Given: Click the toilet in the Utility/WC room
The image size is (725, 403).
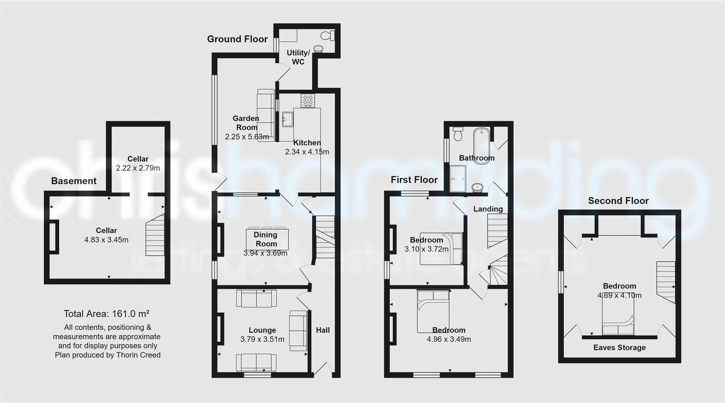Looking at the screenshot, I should point(328,36).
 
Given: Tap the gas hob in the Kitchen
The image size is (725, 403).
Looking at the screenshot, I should point(307,101).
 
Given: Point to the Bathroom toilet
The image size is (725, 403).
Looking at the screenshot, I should point(458,133).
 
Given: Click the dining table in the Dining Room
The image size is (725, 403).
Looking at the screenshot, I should point(267,239).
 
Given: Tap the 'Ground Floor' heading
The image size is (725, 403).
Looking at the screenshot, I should point(237,39).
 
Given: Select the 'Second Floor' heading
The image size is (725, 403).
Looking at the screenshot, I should point(618,201).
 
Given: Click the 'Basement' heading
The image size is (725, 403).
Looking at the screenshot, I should point(74,181).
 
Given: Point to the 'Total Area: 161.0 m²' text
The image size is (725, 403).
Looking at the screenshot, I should point(106,314).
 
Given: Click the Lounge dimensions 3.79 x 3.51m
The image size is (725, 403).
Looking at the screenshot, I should point(262,339).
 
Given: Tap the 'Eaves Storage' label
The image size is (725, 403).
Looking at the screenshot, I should point(619,348).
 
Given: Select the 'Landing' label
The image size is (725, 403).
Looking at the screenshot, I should point(488,209).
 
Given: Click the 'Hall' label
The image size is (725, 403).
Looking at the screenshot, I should point(322,330).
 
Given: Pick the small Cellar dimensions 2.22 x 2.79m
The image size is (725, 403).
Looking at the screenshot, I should point(138,168).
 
